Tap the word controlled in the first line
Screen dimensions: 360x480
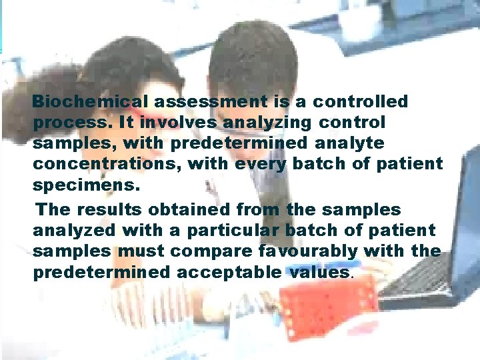tap(361, 102)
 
